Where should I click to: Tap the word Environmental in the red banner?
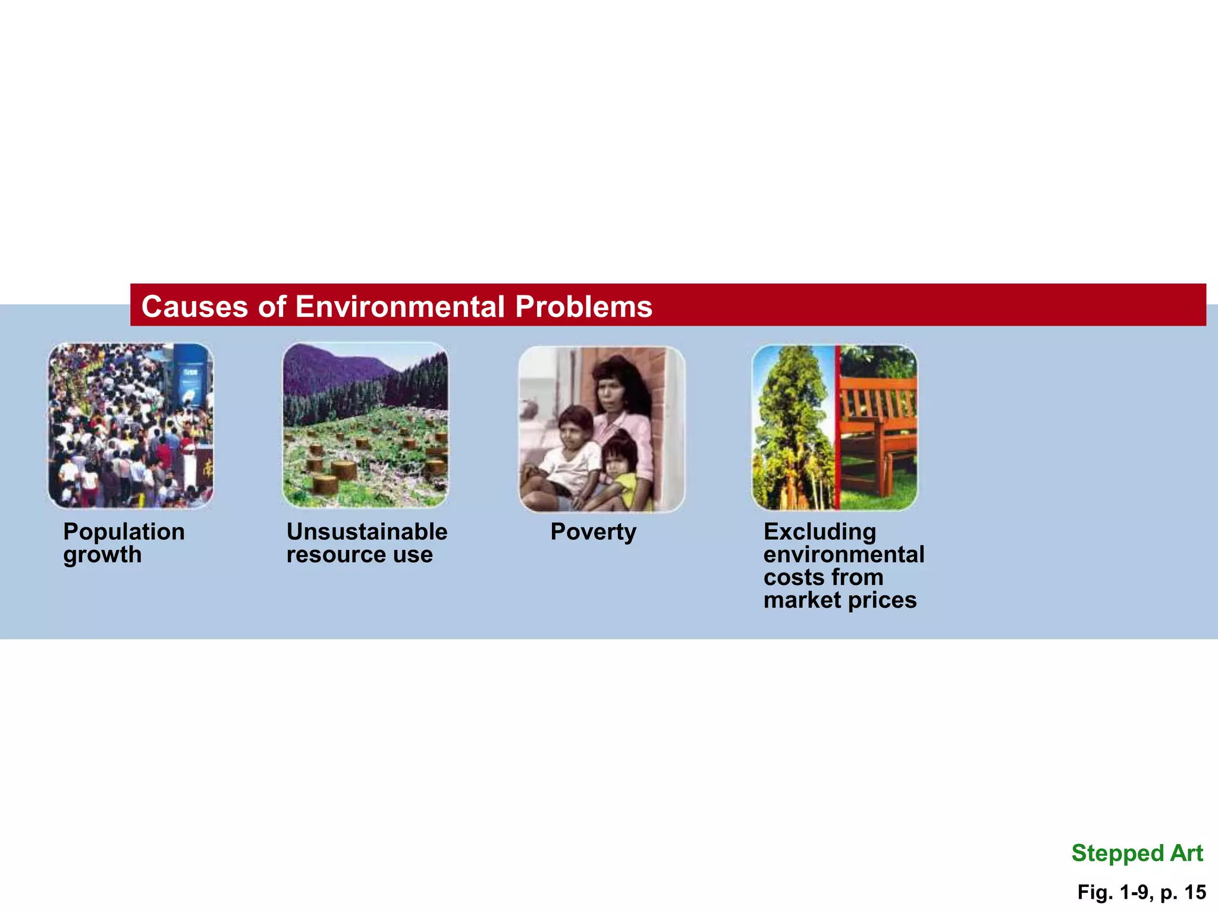coord(400,307)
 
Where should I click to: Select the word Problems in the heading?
coord(583,307)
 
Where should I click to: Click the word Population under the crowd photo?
coord(124,531)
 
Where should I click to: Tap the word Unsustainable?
coord(367,531)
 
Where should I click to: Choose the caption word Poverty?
coord(593,531)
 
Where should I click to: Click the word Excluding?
coord(820,531)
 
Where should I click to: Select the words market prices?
coord(840,600)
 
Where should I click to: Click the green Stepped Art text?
coord(1137,853)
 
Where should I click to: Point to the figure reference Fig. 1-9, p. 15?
coord(1141,892)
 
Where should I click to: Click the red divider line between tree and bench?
coord(837,428)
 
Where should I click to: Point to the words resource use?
coord(359,555)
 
